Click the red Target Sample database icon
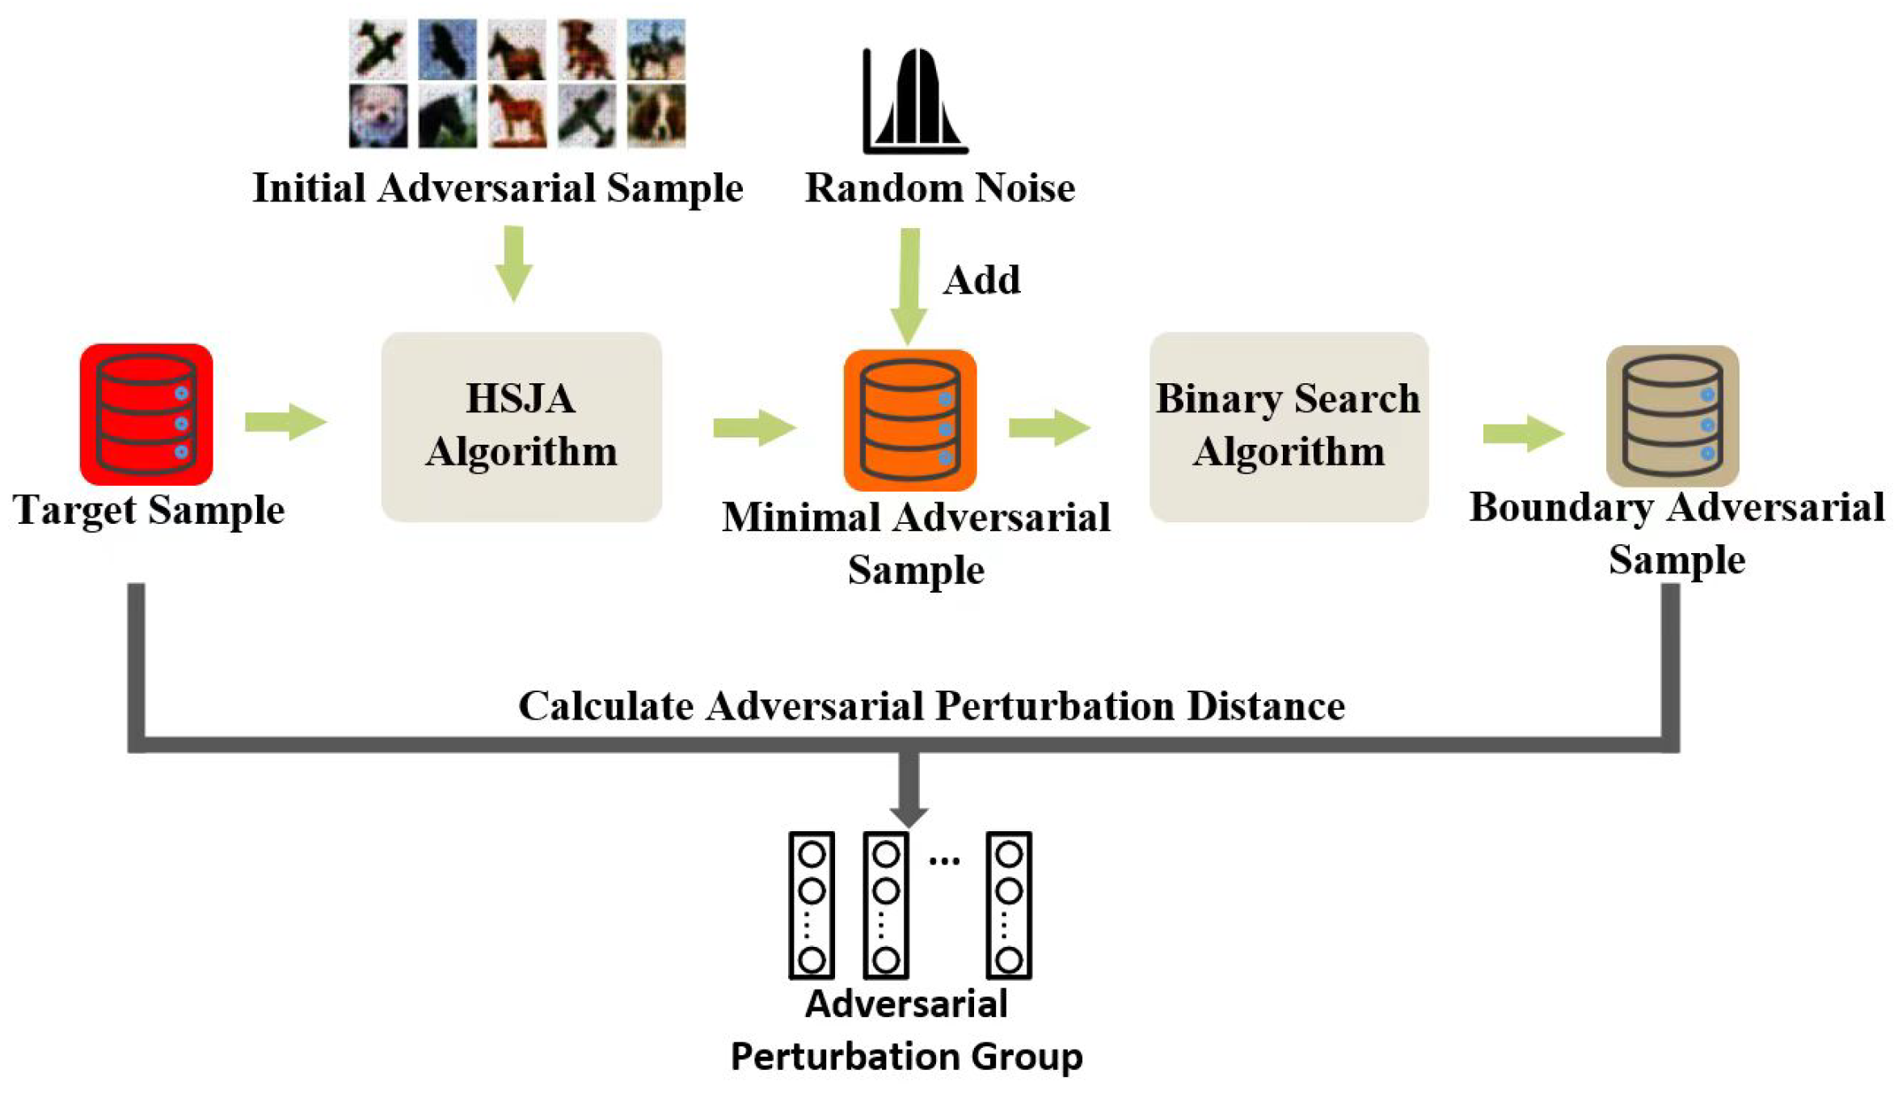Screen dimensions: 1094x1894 click(146, 414)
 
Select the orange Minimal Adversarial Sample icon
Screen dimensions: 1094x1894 click(909, 420)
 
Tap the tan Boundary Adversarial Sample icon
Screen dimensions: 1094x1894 click(1672, 416)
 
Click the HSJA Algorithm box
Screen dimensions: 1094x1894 click(521, 426)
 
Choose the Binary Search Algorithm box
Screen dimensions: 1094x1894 click(1289, 426)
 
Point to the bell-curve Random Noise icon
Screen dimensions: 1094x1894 click(915, 102)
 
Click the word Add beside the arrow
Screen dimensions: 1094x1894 click(981, 281)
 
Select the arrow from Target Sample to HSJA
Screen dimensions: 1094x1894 click(285, 421)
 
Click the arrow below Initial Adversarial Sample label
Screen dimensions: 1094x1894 click(513, 264)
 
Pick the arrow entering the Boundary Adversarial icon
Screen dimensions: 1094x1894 click(1522, 434)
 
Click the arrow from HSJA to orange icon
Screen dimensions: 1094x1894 click(754, 427)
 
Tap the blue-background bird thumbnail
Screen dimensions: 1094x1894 click(447, 50)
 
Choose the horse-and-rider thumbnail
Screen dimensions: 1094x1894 click(656, 50)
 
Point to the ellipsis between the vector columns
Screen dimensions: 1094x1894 click(944, 860)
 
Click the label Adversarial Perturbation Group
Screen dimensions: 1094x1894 click(906, 1030)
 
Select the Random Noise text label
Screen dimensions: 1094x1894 click(939, 188)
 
